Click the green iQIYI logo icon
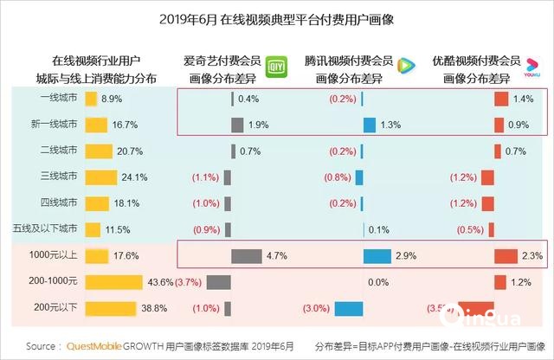pos(274,65)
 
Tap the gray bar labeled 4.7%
pos(247,256)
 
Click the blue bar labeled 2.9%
pos(377,256)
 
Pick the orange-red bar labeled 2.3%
pos(505,256)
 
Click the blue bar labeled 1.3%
pos(369,125)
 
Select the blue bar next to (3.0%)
pos(348,308)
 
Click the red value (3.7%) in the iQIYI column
pos(190,282)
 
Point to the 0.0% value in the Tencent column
pos(377,282)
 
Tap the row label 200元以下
pos(55,308)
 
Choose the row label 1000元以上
pos(55,256)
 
